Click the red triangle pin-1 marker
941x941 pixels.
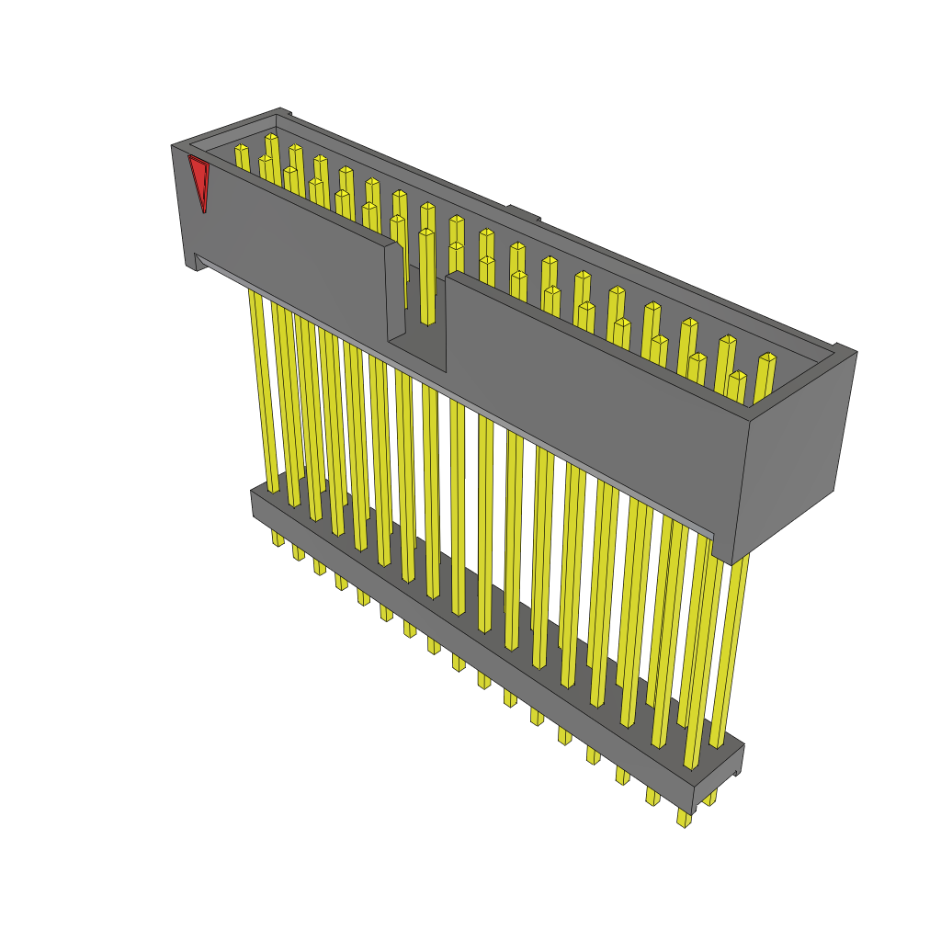coord(198,181)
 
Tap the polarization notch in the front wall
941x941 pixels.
coord(416,345)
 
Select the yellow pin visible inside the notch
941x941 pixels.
coord(427,276)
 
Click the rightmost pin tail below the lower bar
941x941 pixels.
coord(684,818)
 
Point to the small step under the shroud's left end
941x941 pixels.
coord(195,263)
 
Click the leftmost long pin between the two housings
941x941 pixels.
coord(261,386)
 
